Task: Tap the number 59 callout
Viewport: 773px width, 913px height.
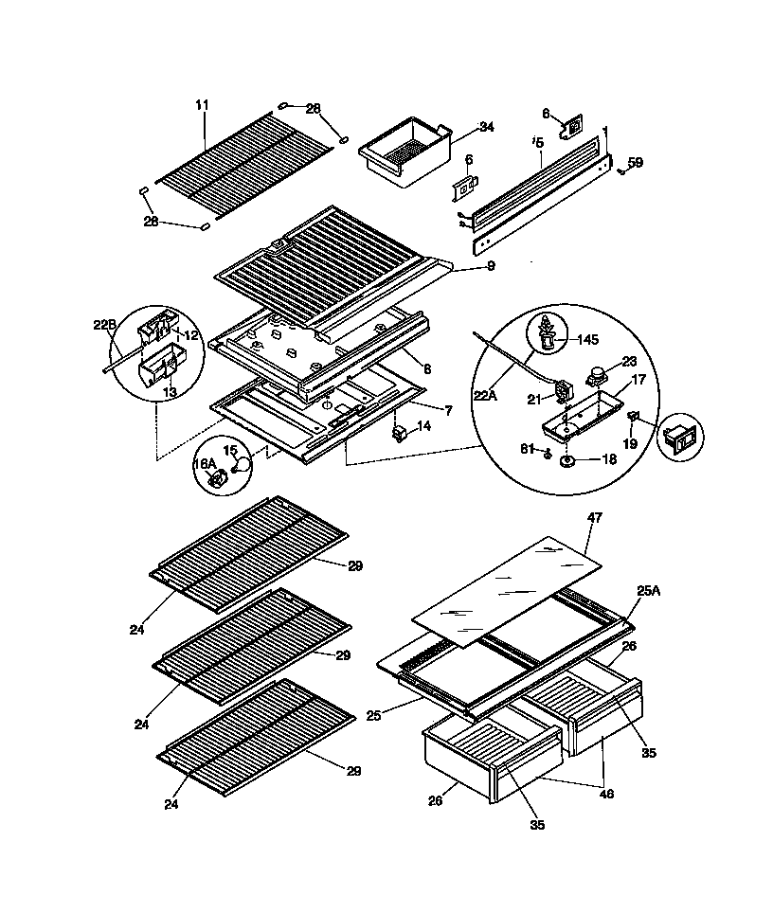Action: [x=636, y=163]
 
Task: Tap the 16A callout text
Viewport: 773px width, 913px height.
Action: [x=205, y=463]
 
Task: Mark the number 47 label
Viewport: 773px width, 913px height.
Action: [x=595, y=518]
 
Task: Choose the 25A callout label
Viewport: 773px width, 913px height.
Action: [x=649, y=590]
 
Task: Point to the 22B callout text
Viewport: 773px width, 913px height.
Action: [x=105, y=325]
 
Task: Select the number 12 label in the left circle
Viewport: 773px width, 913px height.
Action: [x=190, y=335]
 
